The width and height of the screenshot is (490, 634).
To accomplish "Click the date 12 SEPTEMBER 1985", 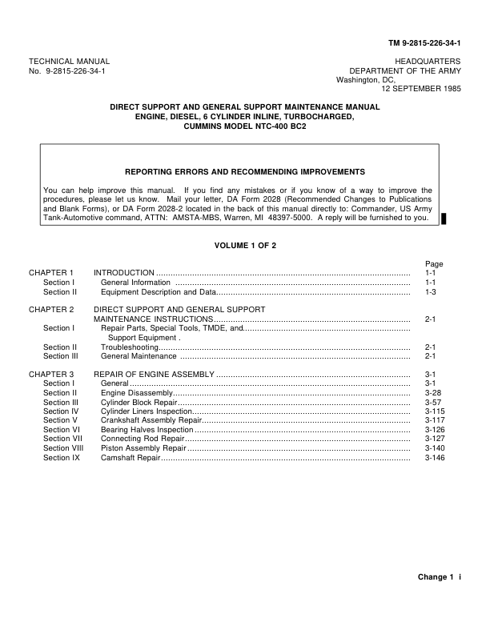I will [x=421, y=89].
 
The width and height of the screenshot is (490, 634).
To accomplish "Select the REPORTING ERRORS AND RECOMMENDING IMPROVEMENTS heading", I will [x=245, y=172].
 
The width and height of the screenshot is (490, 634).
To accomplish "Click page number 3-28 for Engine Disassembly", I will [x=432, y=393].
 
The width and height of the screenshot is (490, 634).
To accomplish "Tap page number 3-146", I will [x=434, y=458].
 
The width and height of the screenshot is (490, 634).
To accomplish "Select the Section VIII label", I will [x=62, y=448].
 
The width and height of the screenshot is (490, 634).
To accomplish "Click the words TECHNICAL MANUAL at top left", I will [x=69, y=61].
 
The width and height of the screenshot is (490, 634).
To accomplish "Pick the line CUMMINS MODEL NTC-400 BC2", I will [x=245, y=126].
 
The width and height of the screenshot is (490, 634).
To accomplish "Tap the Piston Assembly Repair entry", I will [x=143, y=448].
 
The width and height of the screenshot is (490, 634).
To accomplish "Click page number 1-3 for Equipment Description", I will [x=430, y=291].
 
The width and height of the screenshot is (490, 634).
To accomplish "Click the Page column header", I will [x=433, y=263].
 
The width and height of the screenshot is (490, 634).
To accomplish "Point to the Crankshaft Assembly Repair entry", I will [x=151, y=420].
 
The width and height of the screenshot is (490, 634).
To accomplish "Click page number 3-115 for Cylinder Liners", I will [x=434, y=411].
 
